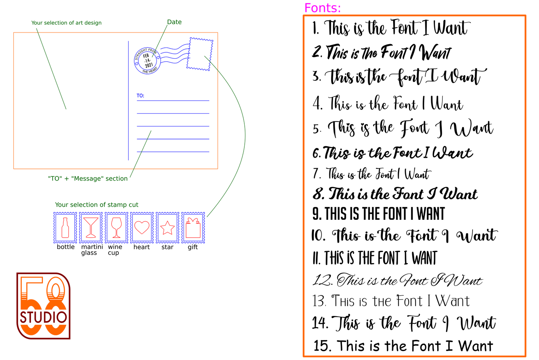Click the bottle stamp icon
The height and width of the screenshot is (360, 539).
(65, 228)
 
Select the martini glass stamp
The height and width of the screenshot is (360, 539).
(91, 228)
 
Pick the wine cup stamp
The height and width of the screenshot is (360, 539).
(116, 228)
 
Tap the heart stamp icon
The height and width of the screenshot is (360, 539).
(142, 228)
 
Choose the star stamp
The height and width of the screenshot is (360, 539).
(167, 228)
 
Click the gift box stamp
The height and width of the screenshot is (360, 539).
(193, 228)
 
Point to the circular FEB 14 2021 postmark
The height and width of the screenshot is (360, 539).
(147, 61)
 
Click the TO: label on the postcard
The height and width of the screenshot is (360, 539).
(140, 96)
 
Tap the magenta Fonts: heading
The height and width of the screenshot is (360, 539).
(322, 8)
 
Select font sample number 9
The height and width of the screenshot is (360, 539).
(379, 213)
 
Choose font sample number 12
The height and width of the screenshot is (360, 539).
(397, 280)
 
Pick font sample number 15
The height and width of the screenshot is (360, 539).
(403, 345)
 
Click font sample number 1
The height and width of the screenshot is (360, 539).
(391, 28)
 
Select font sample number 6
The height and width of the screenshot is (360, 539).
(393, 153)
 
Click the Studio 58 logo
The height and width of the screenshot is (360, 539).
(43, 306)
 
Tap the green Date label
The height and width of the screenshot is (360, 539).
(174, 22)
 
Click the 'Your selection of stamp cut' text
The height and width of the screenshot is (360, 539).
(97, 205)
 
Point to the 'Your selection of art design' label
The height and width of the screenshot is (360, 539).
(66, 23)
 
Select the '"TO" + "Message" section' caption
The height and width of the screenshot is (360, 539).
(88, 178)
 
